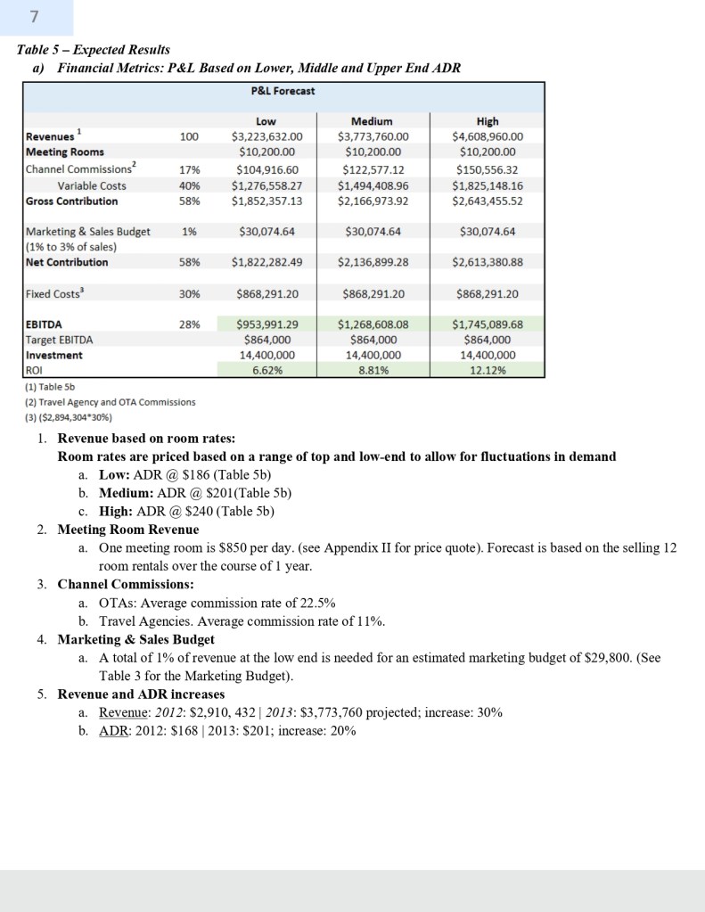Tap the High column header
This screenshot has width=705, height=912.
click(488, 121)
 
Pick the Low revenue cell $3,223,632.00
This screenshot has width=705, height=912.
click(266, 136)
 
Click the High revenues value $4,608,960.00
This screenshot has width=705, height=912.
click(488, 136)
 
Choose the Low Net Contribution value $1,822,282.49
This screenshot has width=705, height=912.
click(266, 262)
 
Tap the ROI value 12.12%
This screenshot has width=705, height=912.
click(488, 371)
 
